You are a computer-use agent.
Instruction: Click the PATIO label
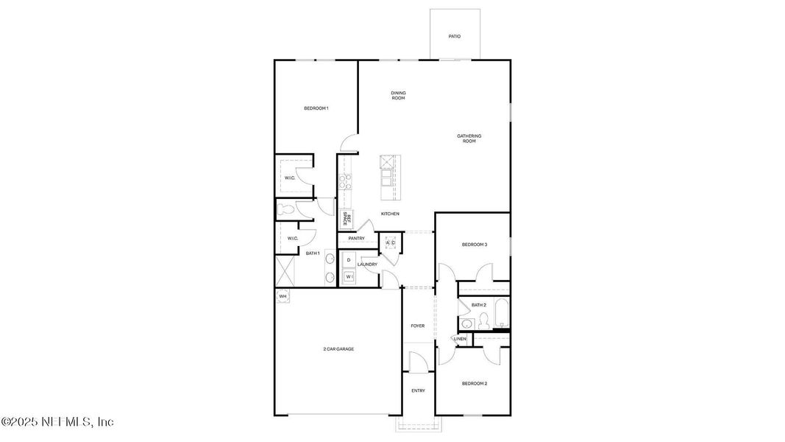455,36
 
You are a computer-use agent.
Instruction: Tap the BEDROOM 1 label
316,108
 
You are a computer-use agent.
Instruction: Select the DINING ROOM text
398,96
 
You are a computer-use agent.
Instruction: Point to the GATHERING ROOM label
469,138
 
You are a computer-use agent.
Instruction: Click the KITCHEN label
390,214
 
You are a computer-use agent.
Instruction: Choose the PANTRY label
357,239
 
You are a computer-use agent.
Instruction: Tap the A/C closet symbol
391,243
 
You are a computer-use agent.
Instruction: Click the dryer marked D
349,260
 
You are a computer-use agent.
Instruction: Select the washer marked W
349,276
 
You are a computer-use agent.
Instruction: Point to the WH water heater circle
283,297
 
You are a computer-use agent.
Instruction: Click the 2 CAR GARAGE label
338,348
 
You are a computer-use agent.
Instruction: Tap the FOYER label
418,326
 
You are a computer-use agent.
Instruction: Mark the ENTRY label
418,390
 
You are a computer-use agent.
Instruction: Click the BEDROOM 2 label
475,383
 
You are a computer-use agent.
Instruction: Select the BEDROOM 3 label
475,245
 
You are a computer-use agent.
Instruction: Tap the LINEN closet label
461,339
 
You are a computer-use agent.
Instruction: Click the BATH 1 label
313,253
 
